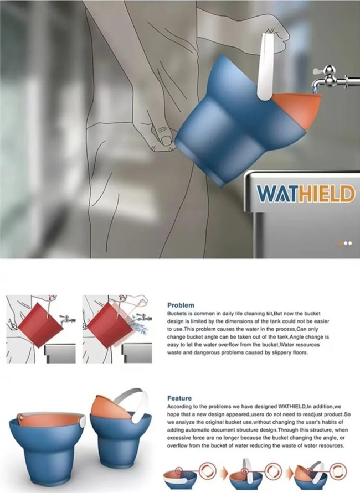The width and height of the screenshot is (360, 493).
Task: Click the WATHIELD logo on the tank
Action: point(306,194)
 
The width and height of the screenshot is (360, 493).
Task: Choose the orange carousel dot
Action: point(340,243)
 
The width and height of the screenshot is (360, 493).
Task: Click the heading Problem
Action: point(181,305)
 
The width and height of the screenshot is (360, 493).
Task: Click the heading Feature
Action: point(179,398)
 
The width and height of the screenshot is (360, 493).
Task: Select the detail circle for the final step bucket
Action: point(338,471)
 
